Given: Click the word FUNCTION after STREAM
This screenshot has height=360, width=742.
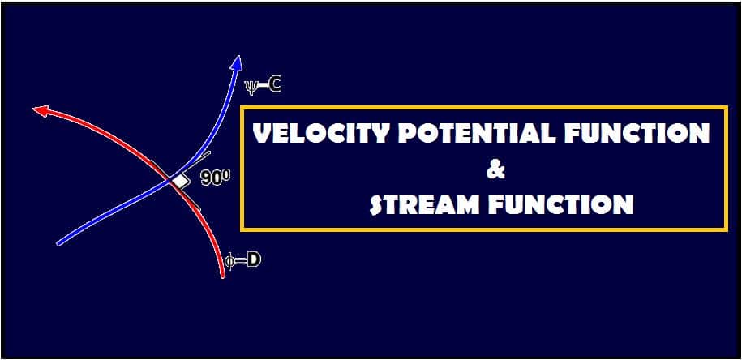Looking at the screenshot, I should click(x=559, y=204).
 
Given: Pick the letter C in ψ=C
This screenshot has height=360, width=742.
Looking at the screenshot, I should click(x=275, y=84).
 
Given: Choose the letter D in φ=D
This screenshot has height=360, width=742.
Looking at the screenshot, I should click(x=253, y=261).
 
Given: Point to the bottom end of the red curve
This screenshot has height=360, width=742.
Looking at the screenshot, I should click(x=223, y=276).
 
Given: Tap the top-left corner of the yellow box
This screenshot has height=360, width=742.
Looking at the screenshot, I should click(x=242, y=106).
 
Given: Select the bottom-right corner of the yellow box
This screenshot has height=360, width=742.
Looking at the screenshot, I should click(x=726, y=230).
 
